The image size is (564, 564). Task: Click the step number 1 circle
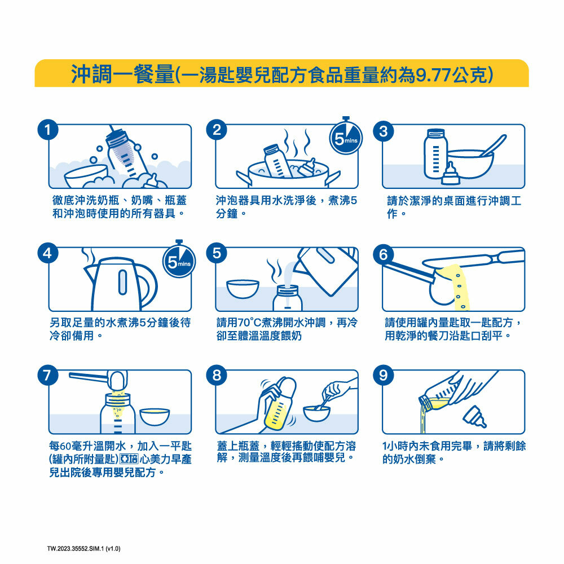coord(48,130)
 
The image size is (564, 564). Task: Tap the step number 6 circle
coord(384,254)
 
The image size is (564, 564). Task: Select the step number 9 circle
coord(384,376)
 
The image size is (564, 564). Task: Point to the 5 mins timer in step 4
coord(179,261)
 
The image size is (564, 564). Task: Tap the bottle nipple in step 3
coord(450,174)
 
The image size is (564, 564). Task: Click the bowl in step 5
coord(243,289)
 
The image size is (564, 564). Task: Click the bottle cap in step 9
coord(475,417)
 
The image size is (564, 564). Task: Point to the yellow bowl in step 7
coord(155,417)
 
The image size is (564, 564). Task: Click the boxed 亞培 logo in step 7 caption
coord(129,459)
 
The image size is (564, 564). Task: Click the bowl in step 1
coord(86,176)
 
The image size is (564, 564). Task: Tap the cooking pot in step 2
coord(288,173)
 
